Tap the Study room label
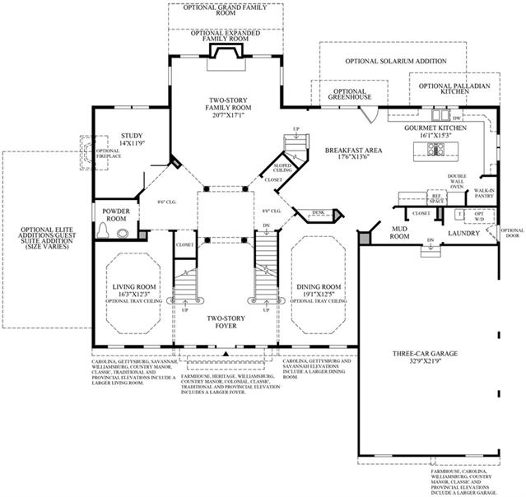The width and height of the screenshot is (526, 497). [132, 139]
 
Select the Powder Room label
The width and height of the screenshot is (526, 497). [116, 214]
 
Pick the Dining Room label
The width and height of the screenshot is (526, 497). [321, 286]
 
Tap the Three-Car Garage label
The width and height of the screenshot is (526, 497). [426, 355]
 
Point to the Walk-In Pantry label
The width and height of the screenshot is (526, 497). [482, 194]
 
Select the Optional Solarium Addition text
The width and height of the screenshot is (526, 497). [396, 61]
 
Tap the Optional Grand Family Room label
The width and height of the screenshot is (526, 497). [226, 11]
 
